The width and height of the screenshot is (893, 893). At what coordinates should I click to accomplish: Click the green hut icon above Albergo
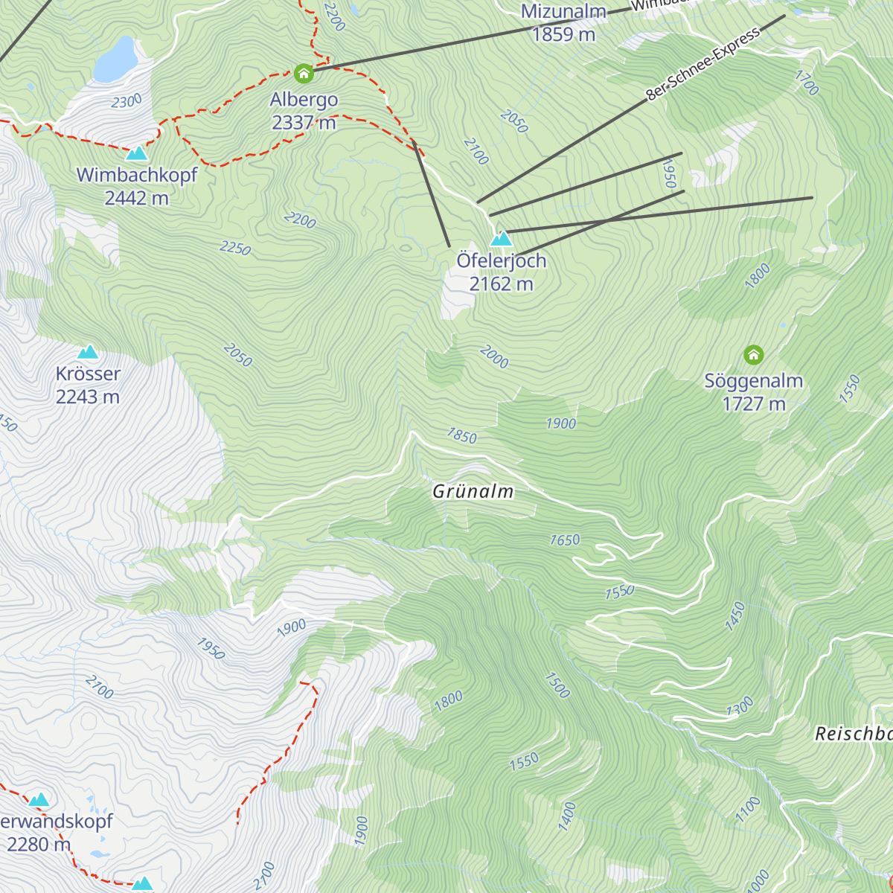[303, 74]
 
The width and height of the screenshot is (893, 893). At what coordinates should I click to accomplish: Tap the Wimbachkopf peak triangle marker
[137, 153]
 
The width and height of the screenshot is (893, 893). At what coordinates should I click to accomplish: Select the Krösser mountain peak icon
[88, 351]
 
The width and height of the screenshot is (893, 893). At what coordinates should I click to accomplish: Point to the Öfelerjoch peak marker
[502, 239]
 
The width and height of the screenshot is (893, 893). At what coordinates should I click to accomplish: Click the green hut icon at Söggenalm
[754, 355]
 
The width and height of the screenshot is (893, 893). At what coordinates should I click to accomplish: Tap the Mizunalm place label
[563, 12]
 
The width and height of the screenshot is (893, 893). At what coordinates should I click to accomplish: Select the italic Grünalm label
[473, 491]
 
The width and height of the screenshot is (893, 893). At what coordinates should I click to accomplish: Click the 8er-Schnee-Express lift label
[703, 64]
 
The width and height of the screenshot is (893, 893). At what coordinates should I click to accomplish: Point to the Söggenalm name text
[754, 381]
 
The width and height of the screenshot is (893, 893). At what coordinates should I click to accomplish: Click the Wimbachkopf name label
[137, 175]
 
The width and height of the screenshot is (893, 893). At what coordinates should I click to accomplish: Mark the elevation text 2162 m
[502, 284]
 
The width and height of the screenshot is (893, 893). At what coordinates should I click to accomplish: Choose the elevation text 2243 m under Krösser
[88, 397]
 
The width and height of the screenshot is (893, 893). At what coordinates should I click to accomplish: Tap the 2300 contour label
[127, 102]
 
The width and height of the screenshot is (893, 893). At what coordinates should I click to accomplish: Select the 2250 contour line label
[235, 248]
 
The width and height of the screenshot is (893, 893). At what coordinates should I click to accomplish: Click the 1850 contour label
[461, 436]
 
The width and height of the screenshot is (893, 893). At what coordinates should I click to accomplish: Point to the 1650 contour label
[565, 540]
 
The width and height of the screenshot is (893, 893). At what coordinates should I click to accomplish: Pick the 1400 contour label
[567, 816]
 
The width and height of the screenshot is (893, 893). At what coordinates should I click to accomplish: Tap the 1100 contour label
[748, 809]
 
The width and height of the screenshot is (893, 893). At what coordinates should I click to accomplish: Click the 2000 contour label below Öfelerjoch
[494, 357]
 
